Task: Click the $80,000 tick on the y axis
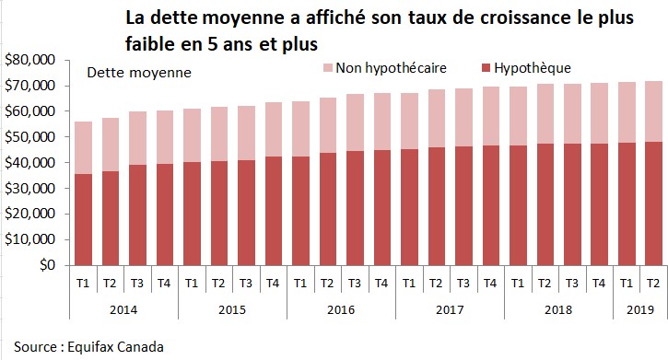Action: click(x=31, y=60)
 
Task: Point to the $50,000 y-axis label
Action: click(x=31, y=137)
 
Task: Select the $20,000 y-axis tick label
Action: click(x=31, y=215)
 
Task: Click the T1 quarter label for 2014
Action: click(x=83, y=282)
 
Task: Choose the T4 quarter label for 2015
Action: click(x=274, y=282)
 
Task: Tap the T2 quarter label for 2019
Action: click(x=652, y=282)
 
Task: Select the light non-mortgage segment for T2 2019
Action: click(x=652, y=110)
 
